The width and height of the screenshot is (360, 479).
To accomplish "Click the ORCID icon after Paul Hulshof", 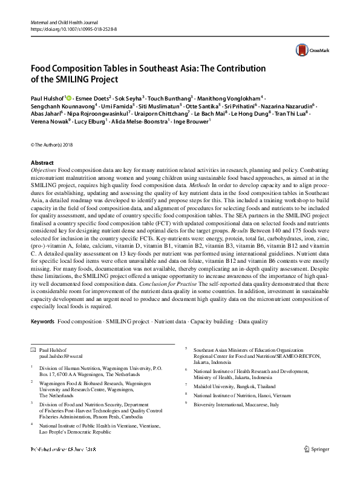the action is coord(68,97).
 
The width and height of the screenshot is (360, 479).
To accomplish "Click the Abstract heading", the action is coord(42,164).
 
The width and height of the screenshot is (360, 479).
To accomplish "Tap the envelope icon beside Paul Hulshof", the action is coord(33,350).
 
